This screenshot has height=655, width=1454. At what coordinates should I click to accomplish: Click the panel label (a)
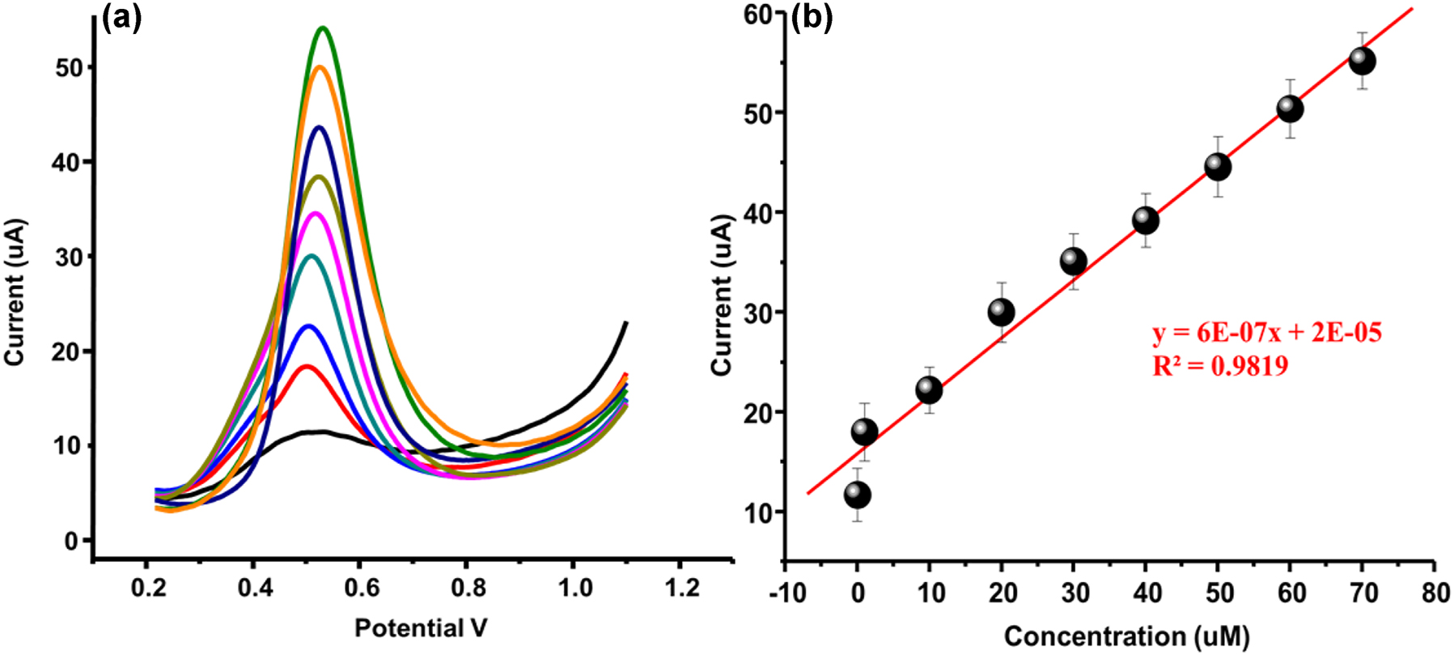[x=122, y=18]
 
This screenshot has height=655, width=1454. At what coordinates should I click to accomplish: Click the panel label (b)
[x=812, y=18]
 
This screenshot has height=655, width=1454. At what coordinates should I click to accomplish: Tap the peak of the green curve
[x=323, y=28]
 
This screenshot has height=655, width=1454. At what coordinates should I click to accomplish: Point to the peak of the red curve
[x=306, y=366]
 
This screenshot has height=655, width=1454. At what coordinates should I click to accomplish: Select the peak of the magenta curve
[x=316, y=214]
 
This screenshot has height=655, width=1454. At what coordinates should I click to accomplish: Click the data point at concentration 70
[x=1363, y=61]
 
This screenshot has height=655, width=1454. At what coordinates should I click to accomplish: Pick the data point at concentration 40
[x=1146, y=220]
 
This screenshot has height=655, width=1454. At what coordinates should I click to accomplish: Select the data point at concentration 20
[x=1002, y=312]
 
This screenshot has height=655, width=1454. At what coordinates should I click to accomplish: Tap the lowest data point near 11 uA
[x=857, y=495]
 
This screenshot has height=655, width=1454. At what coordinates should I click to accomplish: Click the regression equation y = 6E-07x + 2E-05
[x=1267, y=333]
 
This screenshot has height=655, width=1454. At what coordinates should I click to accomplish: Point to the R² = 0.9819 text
[x=1220, y=367]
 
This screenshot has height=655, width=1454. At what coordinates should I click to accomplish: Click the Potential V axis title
[x=421, y=627]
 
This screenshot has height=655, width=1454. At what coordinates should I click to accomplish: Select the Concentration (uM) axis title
[x=1127, y=636]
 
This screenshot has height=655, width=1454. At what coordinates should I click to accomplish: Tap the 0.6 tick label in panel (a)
[x=362, y=587]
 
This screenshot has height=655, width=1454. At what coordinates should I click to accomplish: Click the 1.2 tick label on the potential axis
[x=682, y=587]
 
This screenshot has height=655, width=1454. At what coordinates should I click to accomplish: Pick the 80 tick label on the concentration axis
[x=1436, y=593]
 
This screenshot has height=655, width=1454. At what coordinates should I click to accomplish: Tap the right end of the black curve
[x=626, y=323]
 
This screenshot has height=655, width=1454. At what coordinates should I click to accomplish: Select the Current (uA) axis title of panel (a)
[x=16, y=291]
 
